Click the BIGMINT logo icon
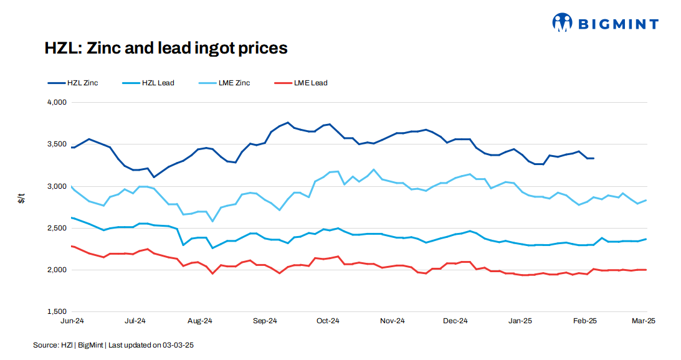tap(562, 23)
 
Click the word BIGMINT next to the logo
tap(617, 24)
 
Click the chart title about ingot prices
tap(166, 49)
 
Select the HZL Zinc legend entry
tap(73, 83)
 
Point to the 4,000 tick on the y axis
tap(57, 102)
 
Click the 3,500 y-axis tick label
tap(57, 144)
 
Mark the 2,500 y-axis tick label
tap(57, 228)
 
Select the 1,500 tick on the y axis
tap(57, 311)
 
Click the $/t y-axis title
tap(21, 199)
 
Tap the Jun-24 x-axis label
tap(72, 321)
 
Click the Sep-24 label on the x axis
tap(264, 321)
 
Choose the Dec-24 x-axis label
tap(455, 321)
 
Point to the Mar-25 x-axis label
tap(644, 321)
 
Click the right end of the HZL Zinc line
tap(593, 158)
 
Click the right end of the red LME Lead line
tap(645, 270)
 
